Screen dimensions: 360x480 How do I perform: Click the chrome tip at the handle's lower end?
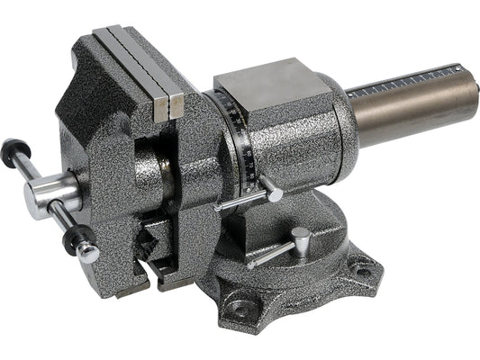click(88, 253)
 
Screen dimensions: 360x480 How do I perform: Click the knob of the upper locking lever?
click(273, 193)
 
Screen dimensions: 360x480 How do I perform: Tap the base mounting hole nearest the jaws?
click(239, 310)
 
